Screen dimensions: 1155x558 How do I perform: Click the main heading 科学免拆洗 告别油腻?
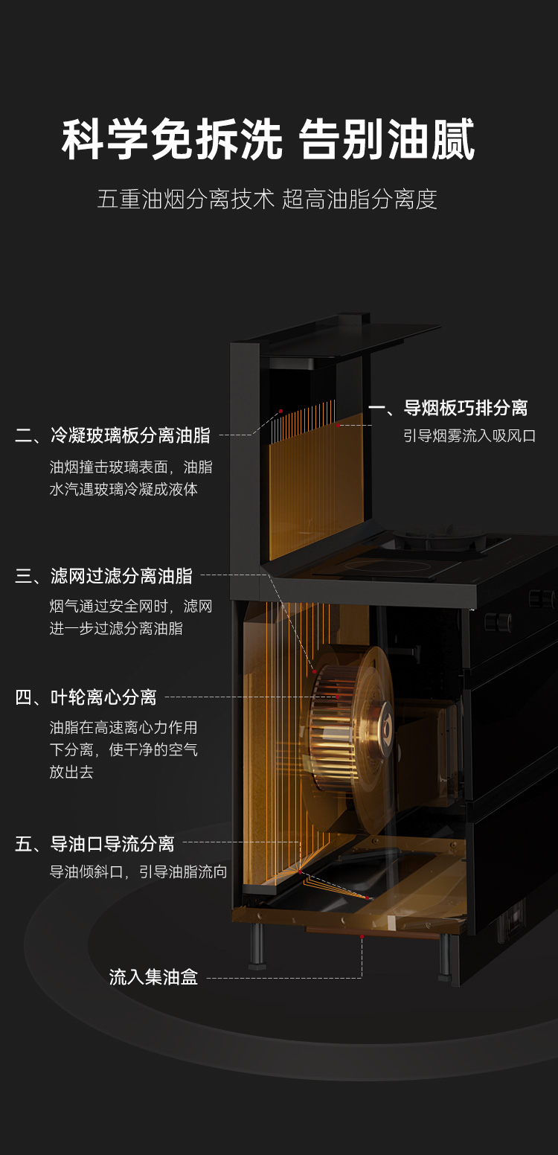pyautogui.click(x=268, y=141)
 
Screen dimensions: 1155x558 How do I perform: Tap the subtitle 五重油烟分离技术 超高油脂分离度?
pyautogui.click(x=267, y=199)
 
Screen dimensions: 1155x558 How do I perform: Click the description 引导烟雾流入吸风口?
pyautogui.click(x=469, y=435)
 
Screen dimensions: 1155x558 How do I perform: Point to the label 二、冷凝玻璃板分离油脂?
pyautogui.click(x=112, y=435)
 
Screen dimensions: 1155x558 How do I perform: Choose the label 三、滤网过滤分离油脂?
pyautogui.click(x=104, y=575)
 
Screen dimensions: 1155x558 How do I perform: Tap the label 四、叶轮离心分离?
pyautogui.click(x=86, y=697)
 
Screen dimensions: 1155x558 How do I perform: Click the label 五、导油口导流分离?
pyautogui.click(x=94, y=844)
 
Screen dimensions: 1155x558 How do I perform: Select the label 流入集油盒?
pyautogui.click(x=153, y=977)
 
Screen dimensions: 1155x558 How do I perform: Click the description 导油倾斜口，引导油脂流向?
pyautogui.click(x=138, y=871)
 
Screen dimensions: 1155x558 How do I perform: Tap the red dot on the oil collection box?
pyautogui.click(x=362, y=935)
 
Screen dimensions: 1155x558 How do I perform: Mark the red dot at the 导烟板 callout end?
pyautogui.click(x=337, y=425)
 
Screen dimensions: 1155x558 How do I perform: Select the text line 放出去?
pyautogui.click(x=71, y=772)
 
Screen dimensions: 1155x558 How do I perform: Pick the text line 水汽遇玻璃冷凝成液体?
pyautogui.click(x=124, y=490)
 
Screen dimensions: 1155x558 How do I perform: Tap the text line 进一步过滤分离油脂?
pyautogui.click(x=116, y=628)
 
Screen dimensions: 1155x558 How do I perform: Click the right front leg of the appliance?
pyautogui.click(x=444, y=956)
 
